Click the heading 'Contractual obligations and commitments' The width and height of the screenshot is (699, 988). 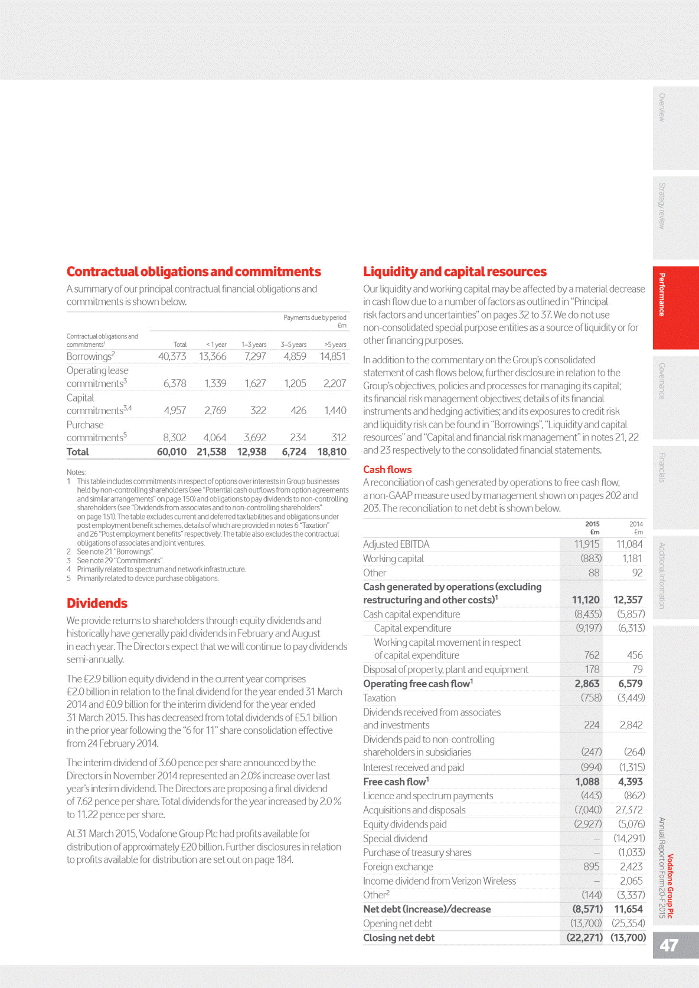tap(194, 272)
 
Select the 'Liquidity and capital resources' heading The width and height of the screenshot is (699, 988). tap(455, 272)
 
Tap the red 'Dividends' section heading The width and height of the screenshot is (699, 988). tap(97, 603)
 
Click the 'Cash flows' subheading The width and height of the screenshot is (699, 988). tap(387, 470)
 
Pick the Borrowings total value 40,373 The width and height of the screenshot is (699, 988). tap(172, 356)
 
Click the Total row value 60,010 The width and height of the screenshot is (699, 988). tap(171, 452)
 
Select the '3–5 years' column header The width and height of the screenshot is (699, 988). tap(293, 344)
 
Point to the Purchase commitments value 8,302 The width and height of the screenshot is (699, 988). tap(174, 438)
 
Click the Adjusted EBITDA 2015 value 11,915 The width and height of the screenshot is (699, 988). tap(587, 544)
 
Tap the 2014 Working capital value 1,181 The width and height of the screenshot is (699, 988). tap(632, 559)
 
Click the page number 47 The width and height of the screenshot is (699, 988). tap(669, 946)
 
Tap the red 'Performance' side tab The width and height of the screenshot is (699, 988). tap(662, 295)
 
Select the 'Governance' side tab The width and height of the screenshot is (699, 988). tap(662, 380)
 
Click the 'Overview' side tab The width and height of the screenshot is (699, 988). tap(662, 107)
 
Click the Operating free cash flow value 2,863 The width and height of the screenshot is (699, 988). tap(587, 684)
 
